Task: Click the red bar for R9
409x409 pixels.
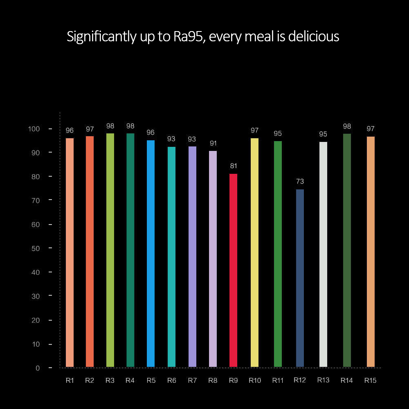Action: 233,270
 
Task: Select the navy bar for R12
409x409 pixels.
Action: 300,278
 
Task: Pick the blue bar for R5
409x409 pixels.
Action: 151,254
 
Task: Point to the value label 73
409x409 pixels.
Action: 300,182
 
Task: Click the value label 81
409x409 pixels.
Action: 234,166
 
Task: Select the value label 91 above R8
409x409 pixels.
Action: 213,144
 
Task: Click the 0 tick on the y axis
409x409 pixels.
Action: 38,368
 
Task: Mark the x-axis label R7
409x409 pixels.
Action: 192,381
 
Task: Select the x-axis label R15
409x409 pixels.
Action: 371,381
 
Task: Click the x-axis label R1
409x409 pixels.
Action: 70,381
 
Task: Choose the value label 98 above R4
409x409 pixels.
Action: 130,126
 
